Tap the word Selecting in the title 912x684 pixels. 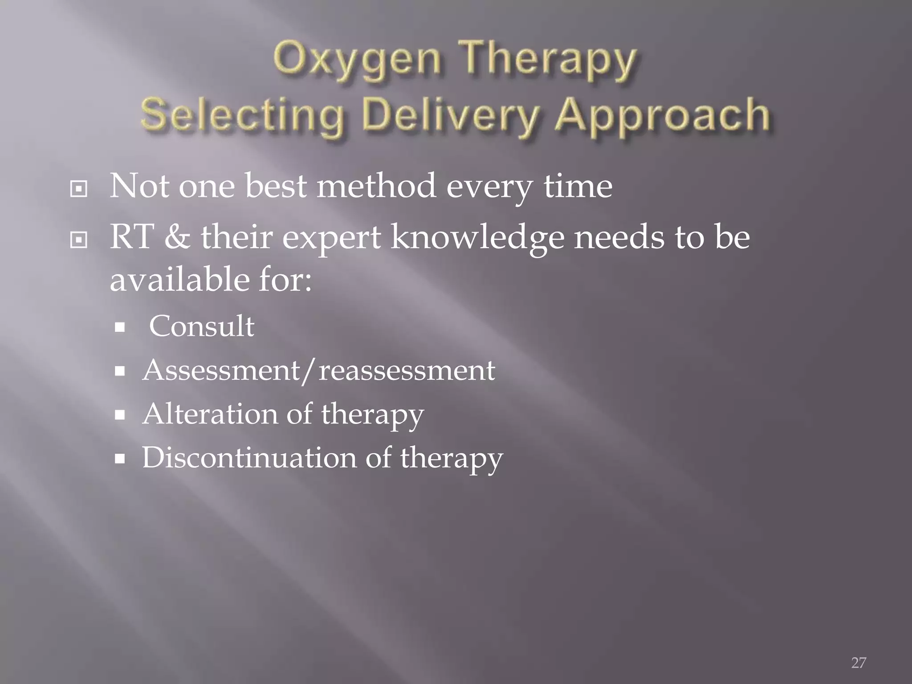243,115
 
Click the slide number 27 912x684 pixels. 859,663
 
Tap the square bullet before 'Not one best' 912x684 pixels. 79,189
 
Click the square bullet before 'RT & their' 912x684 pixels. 79,240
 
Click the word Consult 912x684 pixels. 201,326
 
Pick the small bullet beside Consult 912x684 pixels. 119,328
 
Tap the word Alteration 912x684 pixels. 209,414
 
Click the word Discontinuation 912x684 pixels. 249,458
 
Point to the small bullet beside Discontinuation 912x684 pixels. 119,459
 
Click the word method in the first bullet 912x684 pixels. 376,186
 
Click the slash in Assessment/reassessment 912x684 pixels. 309,371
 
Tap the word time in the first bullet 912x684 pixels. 578,186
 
